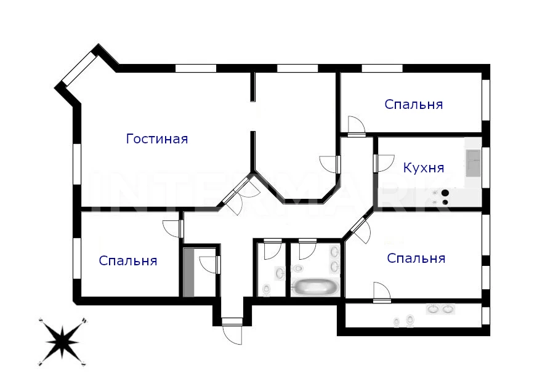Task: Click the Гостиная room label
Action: tap(157, 139)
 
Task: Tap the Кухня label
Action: tap(423, 168)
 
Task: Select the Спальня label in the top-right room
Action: tap(414, 104)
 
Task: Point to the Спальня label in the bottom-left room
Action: tap(128, 260)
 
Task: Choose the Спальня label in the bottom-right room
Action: tap(416, 258)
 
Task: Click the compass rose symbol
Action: tap(62, 342)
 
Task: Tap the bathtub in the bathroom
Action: tap(315, 287)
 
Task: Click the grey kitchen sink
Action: tap(473, 163)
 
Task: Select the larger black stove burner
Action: tap(445, 193)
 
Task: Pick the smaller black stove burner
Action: tap(445, 202)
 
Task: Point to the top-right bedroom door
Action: tap(357, 126)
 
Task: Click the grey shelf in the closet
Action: tap(188, 273)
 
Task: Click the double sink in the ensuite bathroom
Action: tap(440, 308)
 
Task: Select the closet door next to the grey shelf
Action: tap(210, 265)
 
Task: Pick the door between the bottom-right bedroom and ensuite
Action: tap(382, 292)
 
